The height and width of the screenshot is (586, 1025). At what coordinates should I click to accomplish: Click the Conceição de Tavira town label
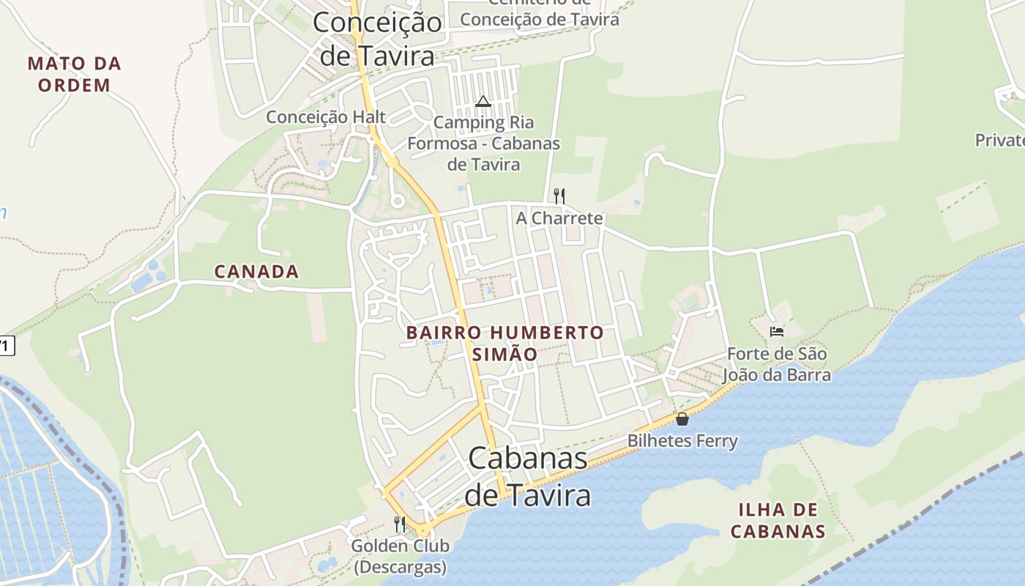point(377,38)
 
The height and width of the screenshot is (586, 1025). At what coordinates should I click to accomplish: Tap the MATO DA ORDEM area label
point(74,74)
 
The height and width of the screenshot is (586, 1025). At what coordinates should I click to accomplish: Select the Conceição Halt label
point(326,116)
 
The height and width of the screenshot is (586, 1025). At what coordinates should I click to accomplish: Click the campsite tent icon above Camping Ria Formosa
point(482,101)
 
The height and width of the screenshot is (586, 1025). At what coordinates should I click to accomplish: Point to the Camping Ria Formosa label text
point(483,143)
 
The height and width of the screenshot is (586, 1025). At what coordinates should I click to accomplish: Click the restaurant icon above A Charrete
point(559,196)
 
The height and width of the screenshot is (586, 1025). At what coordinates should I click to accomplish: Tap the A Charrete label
point(559,218)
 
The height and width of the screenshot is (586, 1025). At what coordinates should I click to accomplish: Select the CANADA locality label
point(256,272)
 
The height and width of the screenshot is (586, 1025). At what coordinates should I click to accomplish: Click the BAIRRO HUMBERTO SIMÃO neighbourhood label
point(505,343)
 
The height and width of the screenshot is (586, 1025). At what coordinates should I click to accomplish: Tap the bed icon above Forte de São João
point(777,332)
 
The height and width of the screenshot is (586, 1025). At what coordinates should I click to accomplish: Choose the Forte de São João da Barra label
point(776,365)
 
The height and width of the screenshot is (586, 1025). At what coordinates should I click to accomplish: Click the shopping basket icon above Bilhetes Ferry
point(682,419)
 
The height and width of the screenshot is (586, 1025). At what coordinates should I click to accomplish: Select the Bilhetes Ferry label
point(682,441)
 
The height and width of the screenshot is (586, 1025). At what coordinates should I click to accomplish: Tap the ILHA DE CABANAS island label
point(778,520)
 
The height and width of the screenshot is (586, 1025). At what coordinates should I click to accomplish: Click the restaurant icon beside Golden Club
point(400,524)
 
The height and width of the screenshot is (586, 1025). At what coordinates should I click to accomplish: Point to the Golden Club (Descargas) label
point(400,556)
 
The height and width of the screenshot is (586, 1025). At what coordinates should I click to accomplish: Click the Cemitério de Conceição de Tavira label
point(540,13)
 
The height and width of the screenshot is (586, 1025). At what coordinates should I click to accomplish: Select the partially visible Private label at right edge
point(1000,140)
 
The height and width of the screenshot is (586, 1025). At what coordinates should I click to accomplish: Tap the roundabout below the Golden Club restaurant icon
point(422,530)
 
